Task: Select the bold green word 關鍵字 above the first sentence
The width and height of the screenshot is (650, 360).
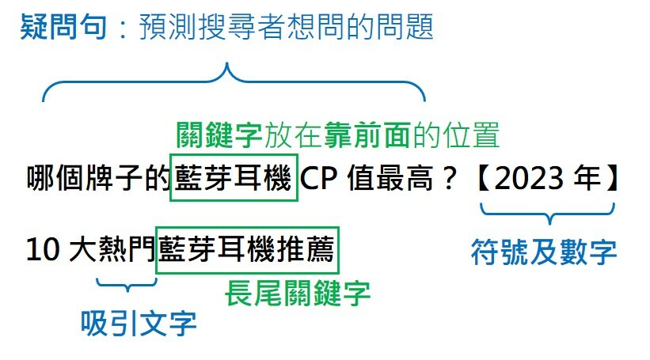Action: pyautogui.click(x=218, y=135)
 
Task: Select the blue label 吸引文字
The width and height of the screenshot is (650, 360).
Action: pyautogui.click(x=139, y=321)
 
